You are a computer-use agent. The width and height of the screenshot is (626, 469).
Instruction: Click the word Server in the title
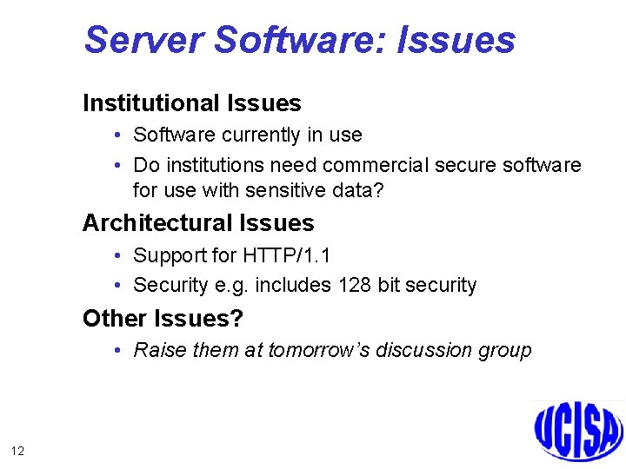143,40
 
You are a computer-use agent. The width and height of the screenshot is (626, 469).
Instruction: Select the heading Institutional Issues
191,103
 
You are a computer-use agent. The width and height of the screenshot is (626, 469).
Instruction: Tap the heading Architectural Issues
198,223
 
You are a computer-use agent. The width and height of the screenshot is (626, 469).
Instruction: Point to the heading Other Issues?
163,319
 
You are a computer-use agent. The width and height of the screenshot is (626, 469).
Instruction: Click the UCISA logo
578,430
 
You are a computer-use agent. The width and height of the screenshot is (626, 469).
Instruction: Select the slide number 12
17,450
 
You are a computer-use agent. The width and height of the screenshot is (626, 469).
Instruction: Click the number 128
354,285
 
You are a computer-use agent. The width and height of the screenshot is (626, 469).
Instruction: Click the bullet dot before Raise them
117,351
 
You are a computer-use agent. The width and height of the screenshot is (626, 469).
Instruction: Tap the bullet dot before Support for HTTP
117,256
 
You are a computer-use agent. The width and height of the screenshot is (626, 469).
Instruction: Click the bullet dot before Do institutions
117,165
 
